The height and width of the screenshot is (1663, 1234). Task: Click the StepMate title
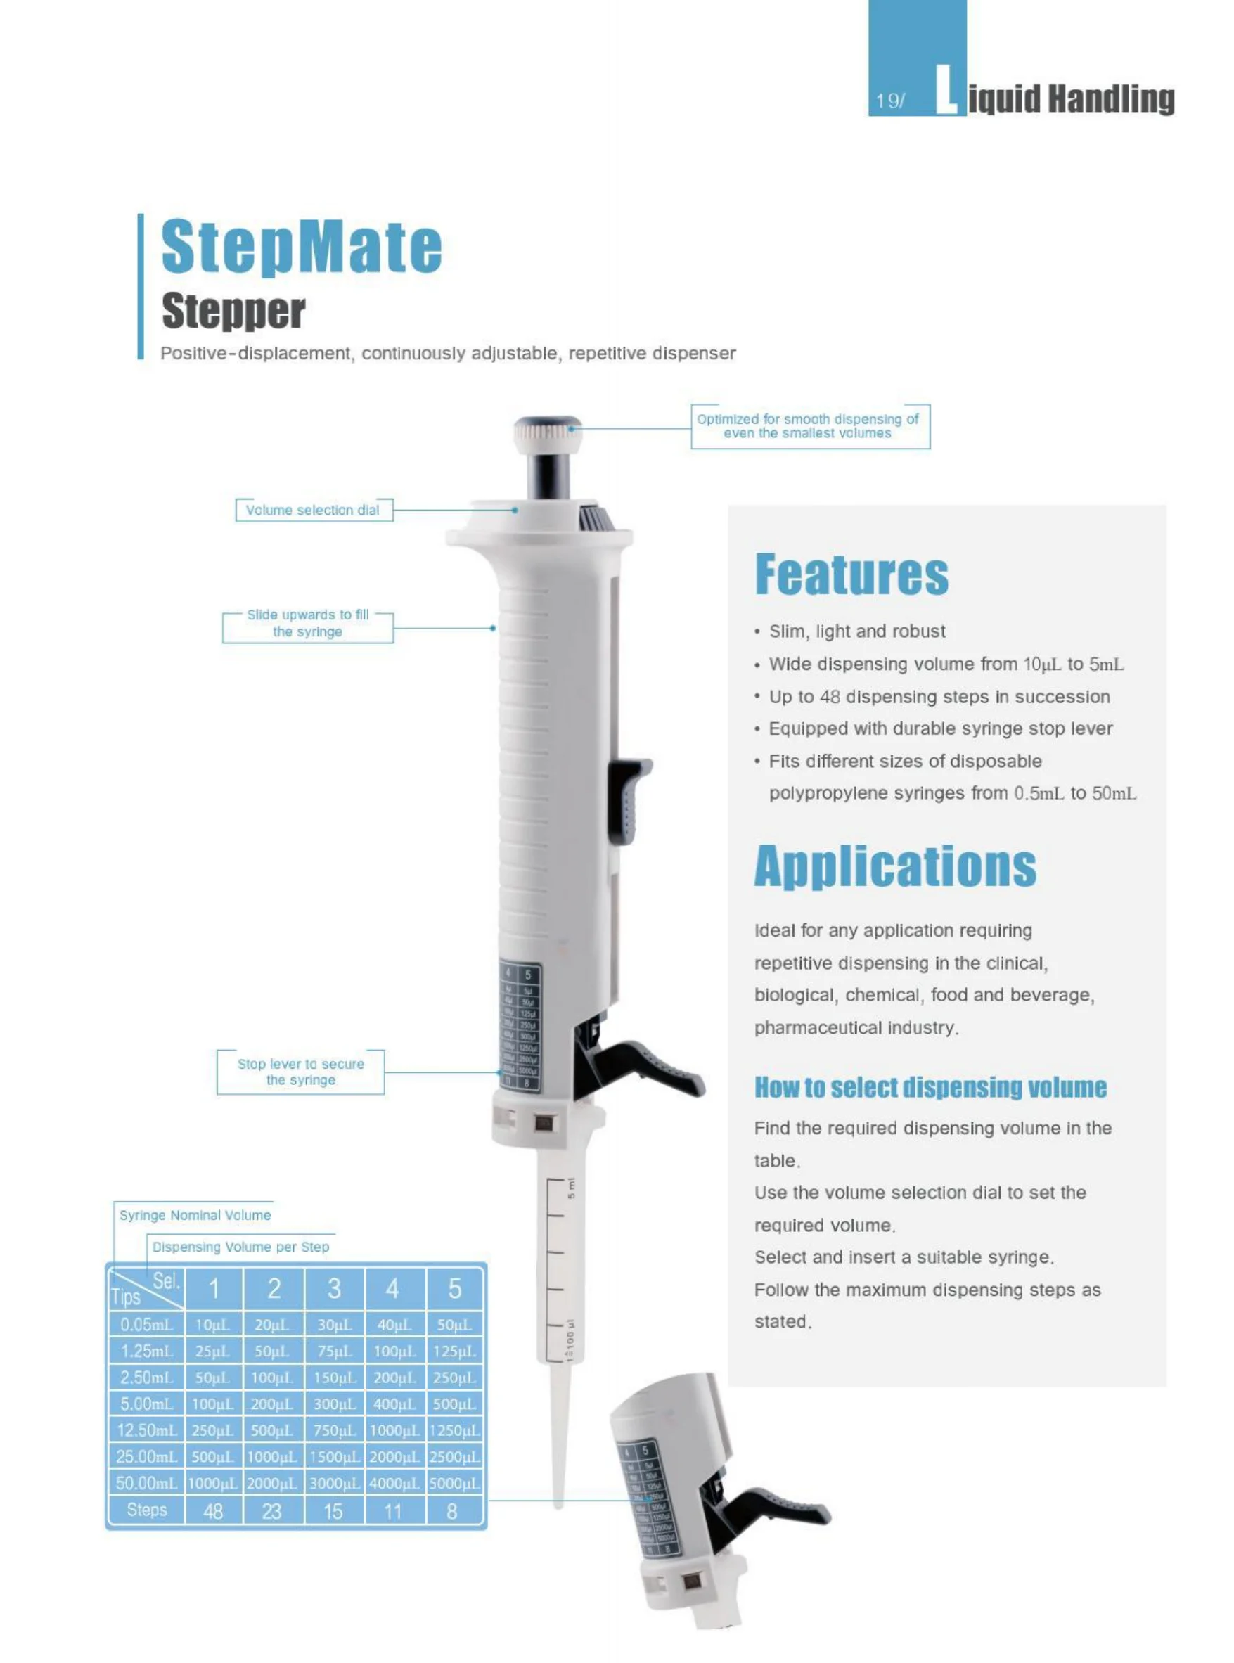click(x=301, y=247)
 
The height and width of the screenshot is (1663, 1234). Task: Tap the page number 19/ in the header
click(x=889, y=101)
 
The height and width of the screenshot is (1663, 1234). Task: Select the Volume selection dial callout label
click(x=313, y=511)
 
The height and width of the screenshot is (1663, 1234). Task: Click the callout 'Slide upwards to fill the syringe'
click(x=308, y=623)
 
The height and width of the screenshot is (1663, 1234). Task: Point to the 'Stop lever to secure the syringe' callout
click(x=301, y=1072)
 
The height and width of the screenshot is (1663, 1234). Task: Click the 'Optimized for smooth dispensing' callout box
click(x=809, y=426)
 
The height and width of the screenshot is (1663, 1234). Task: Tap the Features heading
click(x=851, y=574)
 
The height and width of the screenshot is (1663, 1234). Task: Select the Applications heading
click(x=894, y=866)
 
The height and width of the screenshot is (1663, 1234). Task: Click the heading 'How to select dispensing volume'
click(x=930, y=1087)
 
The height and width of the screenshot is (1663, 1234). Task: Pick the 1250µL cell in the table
click(x=455, y=1430)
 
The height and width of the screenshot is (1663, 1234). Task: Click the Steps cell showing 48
click(x=214, y=1511)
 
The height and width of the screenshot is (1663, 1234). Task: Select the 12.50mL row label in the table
click(x=146, y=1430)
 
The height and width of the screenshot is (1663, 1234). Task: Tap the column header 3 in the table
click(x=334, y=1288)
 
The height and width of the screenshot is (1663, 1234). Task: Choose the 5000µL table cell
click(x=455, y=1483)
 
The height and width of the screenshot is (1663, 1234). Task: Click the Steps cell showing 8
click(x=453, y=1511)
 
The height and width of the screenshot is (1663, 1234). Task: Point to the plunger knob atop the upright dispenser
click(x=548, y=432)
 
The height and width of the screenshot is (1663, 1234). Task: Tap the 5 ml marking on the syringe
click(x=572, y=1188)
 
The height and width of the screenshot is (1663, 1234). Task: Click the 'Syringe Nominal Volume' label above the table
click(x=195, y=1215)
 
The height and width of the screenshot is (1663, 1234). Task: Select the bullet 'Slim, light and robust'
click(x=857, y=631)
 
